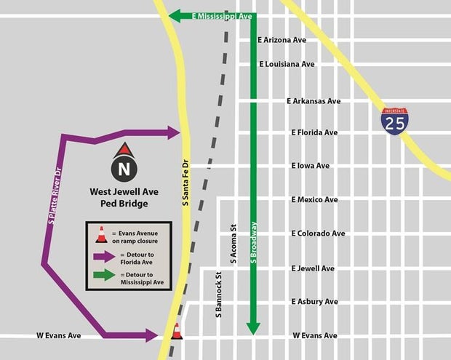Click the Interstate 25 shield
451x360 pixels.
pos(395,121)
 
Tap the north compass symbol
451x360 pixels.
pos(124,166)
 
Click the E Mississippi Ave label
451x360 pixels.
pos(223,16)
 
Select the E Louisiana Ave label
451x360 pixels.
pos(287,64)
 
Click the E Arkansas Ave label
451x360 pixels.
pos(314,101)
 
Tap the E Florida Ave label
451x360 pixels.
pos(314,133)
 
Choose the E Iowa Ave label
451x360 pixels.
pos(311,166)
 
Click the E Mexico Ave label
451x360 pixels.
pos(314,199)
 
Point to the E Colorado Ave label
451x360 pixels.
pos(318,233)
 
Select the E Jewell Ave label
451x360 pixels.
pos(313,268)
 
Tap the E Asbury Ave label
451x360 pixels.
pos(314,301)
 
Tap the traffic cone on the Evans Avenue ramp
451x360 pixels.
pos(176,332)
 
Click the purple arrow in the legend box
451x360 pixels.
pos(105,256)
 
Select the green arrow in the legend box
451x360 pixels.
pos(105,275)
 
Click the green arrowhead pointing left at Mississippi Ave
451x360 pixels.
pos(175,16)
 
